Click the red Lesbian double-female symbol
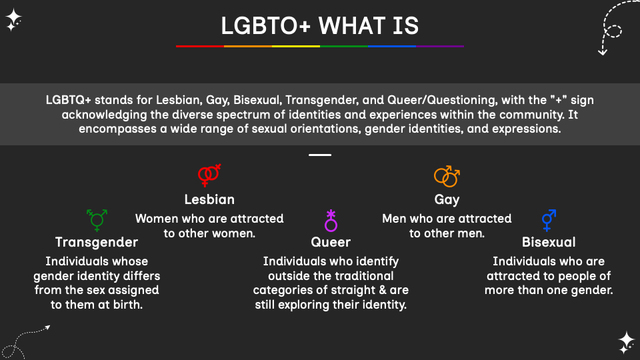pos(209,175)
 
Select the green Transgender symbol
pos(97,218)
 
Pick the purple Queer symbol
pos(331,220)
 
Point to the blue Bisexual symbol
pos(549,219)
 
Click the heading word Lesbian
pos(209,199)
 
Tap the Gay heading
pos(447,199)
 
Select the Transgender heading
pos(97,242)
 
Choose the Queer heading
pos(331,242)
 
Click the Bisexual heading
pos(549,242)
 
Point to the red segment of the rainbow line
pos(200,46)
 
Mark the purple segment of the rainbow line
pos(440,46)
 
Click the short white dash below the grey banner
pos(320,155)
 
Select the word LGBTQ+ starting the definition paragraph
pos(68,100)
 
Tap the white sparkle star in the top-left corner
pos(13,20)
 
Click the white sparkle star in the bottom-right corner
pos(626,341)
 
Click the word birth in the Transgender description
pos(127,305)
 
